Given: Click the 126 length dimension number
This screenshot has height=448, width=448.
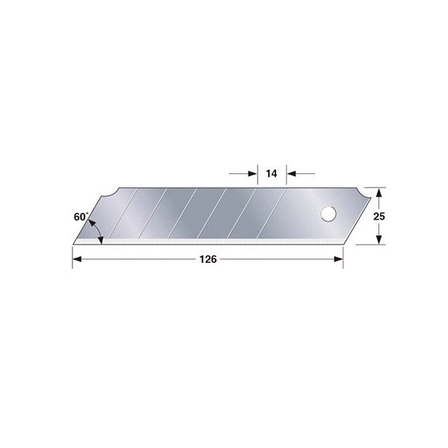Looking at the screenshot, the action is [x=208, y=259].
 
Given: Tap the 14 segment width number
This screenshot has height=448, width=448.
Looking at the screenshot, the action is [x=272, y=173].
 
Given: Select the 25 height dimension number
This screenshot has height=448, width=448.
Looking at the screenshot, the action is [x=379, y=217].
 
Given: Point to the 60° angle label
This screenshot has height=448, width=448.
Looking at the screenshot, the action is [x=81, y=217].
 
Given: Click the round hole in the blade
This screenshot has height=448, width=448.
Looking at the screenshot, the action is [x=329, y=214].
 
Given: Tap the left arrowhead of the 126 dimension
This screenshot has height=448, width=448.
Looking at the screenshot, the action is [x=77, y=259].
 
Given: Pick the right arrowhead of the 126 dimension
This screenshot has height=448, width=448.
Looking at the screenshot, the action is [x=338, y=259].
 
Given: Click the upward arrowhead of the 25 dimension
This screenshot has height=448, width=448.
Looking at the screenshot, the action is [x=379, y=193].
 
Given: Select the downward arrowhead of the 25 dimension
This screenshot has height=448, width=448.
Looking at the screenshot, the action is [x=379, y=240].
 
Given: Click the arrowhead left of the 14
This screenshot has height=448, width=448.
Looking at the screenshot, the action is [x=252, y=173].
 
